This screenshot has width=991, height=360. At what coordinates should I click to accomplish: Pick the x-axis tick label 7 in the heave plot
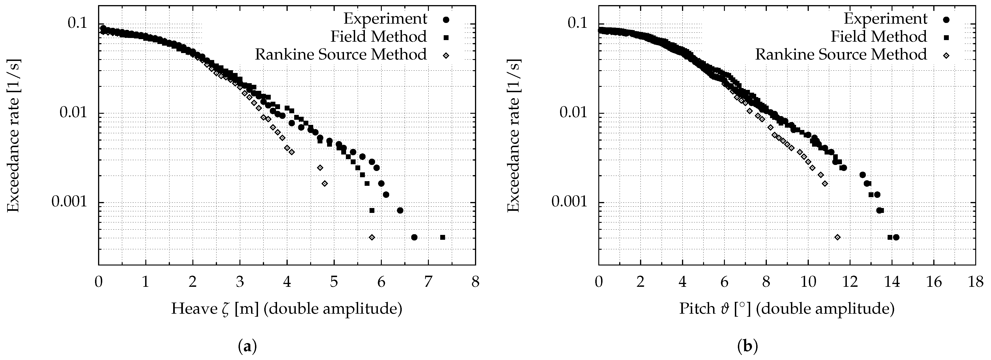(428, 282)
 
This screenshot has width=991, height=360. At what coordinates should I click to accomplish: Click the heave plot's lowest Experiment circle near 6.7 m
(414, 237)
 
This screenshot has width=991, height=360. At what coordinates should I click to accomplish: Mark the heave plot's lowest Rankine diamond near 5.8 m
(372, 237)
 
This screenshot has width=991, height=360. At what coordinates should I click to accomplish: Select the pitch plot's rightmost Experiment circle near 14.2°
(896, 237)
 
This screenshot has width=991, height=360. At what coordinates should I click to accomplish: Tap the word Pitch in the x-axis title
(697, 309)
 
